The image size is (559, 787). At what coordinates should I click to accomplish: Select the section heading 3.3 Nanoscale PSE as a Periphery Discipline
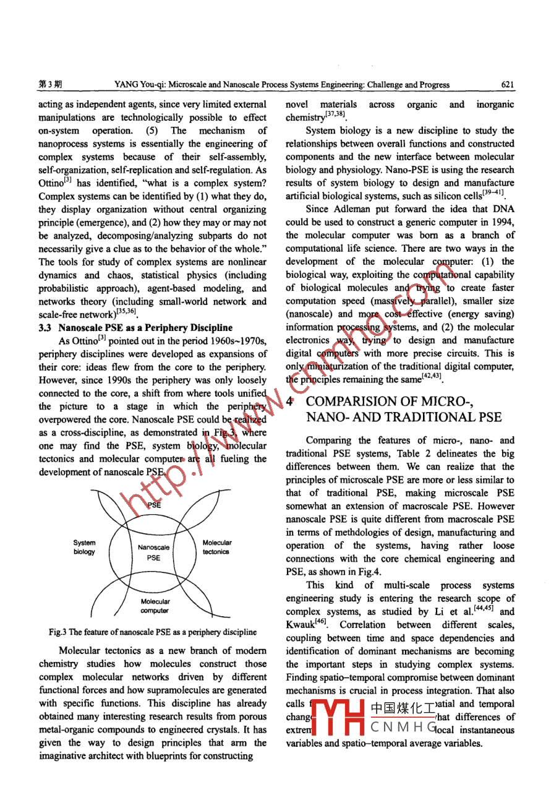(131, 328)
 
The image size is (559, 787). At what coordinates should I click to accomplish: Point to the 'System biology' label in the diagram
(83, 547)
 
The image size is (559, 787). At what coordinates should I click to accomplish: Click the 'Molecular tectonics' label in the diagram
(216, 547)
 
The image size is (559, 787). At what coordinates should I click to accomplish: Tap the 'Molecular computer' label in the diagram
(155, 606)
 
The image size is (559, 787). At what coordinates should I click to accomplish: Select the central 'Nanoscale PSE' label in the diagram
(153, 552)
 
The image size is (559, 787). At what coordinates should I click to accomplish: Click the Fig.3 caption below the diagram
(153, 632)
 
